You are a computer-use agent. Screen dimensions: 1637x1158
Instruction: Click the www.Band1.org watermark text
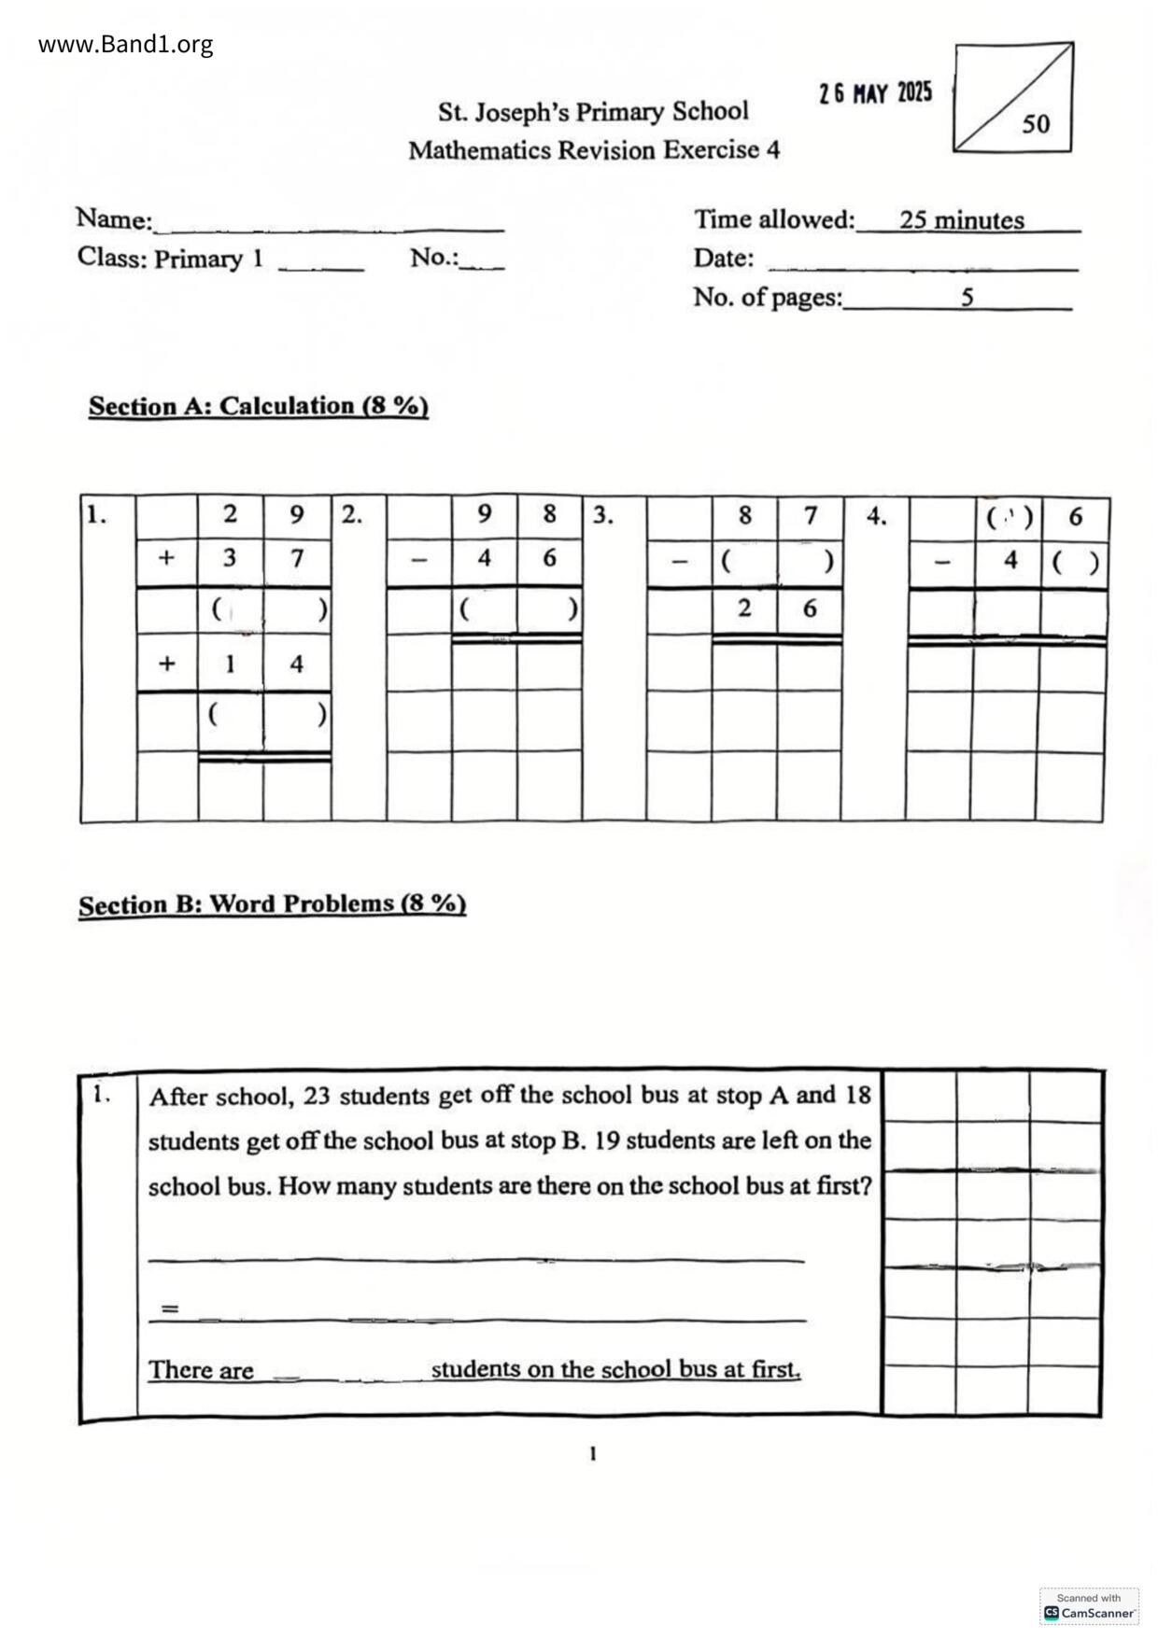click(x=125, y=44)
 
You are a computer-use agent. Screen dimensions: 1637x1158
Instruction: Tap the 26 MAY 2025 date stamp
click(x=875, y=93)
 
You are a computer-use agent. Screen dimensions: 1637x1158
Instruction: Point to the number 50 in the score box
click(x=1036, y=123)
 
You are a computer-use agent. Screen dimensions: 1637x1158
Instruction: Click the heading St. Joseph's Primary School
click(x=593, y=112)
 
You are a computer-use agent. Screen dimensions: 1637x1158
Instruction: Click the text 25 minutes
click(x=962, y=220)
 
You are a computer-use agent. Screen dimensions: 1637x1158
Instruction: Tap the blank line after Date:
click(x=922, y=267)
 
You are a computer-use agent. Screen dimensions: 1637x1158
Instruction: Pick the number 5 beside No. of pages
click(x=967, y=297)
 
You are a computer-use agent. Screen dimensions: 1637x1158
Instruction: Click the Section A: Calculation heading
click(x=259, y=406)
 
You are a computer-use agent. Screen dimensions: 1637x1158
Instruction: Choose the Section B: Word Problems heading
click(x=272, y=904)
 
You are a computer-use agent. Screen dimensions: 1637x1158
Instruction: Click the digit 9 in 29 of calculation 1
click(x=297, y=514)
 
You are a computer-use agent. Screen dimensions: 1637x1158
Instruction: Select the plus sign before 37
click(x=166, y=558)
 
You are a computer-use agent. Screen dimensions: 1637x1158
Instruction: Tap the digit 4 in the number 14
click(x=297, y=665)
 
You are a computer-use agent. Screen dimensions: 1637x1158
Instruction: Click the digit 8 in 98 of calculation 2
click(x=549, y=514)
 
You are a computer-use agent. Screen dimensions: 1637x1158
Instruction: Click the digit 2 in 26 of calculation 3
click(x=744, y=609)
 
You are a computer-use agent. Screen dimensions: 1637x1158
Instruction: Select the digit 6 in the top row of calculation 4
click(x=1076, y=517)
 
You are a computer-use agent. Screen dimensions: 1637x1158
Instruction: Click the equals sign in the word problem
click(x=169, y=1308)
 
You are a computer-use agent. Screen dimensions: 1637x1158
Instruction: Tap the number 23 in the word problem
click(x=317, y=1096)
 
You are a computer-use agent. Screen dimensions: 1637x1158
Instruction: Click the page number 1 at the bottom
click(x=593, y=1453)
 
